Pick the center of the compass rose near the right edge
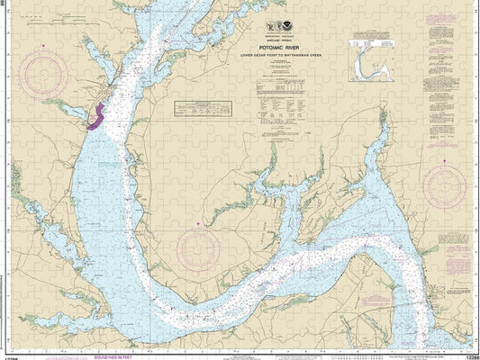coord(445,186)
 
